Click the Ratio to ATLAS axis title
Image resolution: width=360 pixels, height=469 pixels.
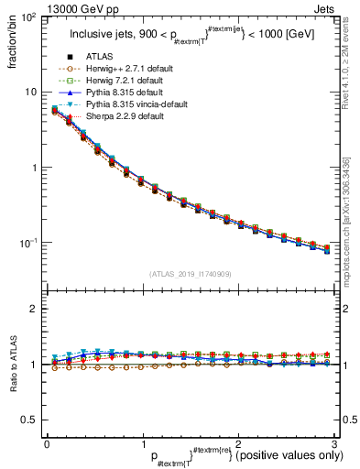(x=12, y=365)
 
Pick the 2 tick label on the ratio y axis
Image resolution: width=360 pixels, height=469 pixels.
(x=36, y=309)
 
